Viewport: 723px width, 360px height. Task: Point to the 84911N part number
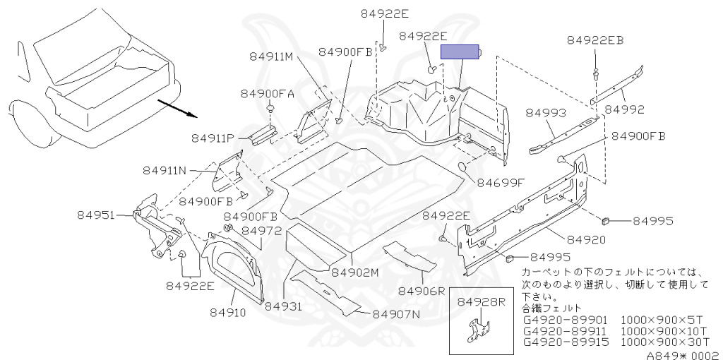pos(167,170)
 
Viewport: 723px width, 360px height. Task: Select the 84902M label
pos(355,272)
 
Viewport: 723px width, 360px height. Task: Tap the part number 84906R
pos(422,290)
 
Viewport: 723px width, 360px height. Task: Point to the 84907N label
pos(396,314)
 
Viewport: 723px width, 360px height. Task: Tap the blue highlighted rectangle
pos(460,52)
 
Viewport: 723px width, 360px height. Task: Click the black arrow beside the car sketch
pos(176,110)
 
